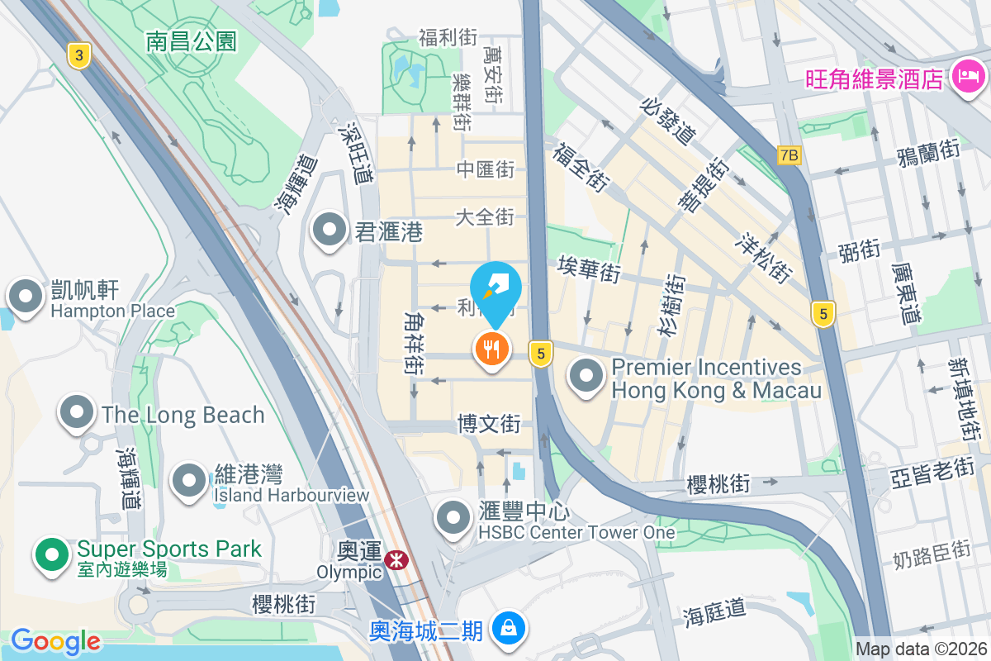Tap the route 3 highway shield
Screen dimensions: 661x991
[x=78, y=55]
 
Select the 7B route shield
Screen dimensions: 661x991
[x=789, y=155]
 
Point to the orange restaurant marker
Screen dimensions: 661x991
[x=492, y=350]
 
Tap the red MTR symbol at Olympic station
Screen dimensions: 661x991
[x=398, y=560]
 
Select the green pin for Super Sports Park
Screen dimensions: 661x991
[x=52, y=555]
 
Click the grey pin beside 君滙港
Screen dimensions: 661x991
[x=330, y=231]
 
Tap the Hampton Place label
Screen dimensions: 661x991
[x=112, y=311]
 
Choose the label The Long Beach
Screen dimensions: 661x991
[x=183, y=415]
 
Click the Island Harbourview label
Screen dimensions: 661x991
[x=291, y=495]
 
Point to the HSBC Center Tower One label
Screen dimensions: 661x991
[x=576, y=532]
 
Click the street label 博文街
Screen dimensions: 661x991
[x=490, y=424]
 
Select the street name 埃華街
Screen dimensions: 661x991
[x=589, y=269]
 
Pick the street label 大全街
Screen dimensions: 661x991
[x=485, y=217]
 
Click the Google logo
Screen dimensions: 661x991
[x=55, y=640]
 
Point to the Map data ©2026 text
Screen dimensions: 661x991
[x=920, y=649]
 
